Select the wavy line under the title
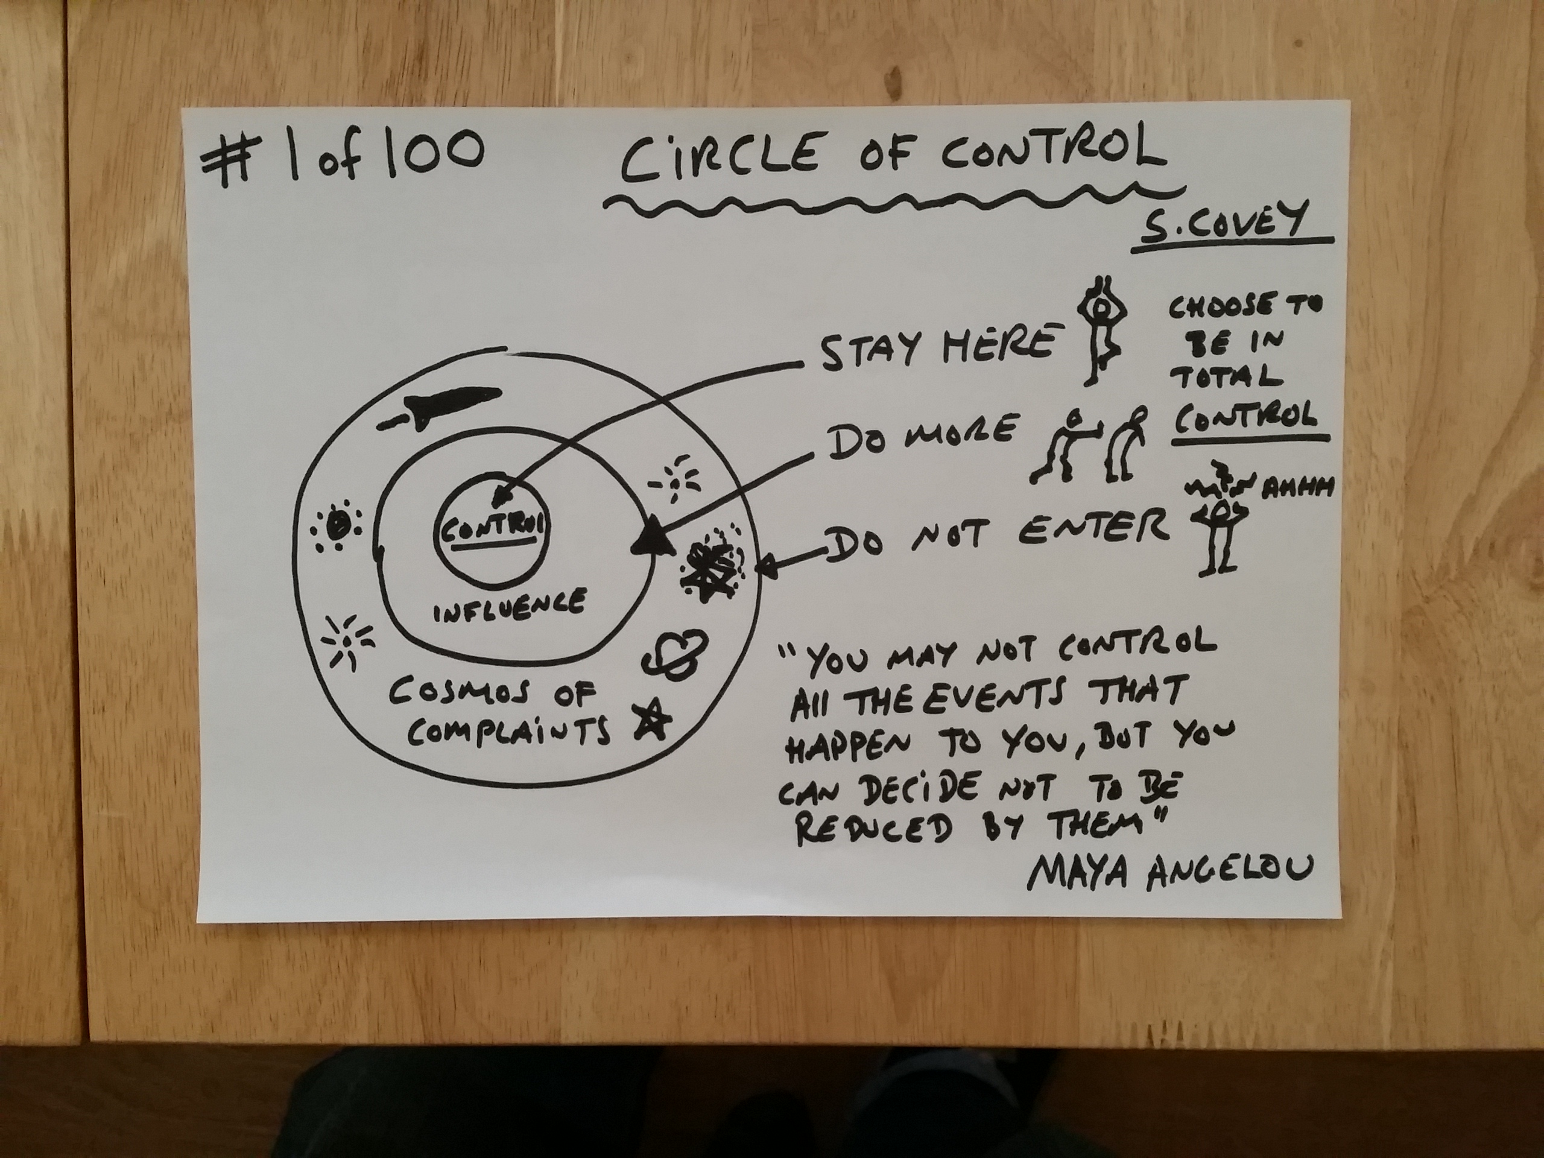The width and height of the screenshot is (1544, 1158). click(x=893, y=200)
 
